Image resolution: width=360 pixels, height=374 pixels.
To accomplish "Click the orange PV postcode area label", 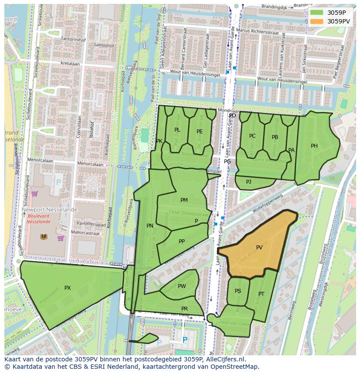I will pyautogui.click(x=259, y=248).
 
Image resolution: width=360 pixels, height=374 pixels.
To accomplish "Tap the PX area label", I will pyautogui.click(x=67, y=288).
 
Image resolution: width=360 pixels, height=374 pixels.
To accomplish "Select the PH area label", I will pyautogui.click(x=314, y=146).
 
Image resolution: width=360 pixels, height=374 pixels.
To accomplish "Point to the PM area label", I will pyautogui.click(x=184, y=200).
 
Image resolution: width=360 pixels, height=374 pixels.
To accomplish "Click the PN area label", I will pyautogui.click(x=150, y=226).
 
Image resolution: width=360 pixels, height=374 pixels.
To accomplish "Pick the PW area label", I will pyautogui.click(x=182, y=286).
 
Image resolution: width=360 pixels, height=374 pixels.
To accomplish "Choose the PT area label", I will pyautogui.click(x=261, y=294).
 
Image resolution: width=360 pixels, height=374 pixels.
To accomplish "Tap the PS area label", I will pyautogui.click(x=238, y=291).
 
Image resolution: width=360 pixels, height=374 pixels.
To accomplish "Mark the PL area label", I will pyautogui.click(x=177, y=130).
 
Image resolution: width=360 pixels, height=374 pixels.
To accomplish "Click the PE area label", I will pyautogui.click(x=200, y=131).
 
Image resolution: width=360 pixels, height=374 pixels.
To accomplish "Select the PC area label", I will pyautogui.click(x=252, y=136).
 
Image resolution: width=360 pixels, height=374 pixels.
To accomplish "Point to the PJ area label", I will pyautogui.click(x=248, y=182).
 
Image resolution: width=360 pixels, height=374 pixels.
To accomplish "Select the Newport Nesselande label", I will pyautogui.click(x=50, y=209).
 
